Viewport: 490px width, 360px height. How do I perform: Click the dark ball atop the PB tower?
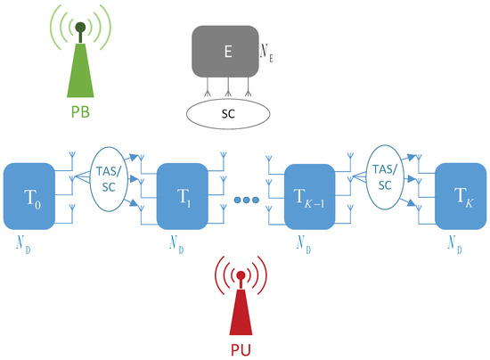click(81, 27)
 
